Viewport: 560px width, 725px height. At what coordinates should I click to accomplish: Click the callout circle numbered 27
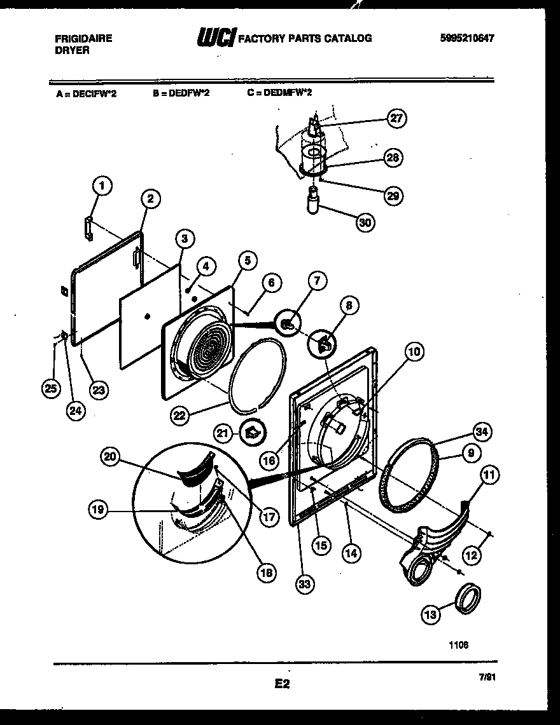397,118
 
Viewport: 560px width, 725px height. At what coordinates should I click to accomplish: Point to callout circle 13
430,614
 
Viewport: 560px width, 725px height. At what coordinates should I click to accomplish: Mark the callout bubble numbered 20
110,456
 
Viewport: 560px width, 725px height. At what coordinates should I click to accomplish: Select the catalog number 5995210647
467,38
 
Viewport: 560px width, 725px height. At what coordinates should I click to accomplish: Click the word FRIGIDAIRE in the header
83,38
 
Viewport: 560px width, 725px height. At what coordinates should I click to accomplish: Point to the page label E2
282,684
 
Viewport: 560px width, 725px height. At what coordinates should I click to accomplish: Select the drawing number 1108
458,644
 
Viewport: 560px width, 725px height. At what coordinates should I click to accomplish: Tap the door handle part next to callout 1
89,227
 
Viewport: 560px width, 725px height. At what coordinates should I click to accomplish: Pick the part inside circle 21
252,433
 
